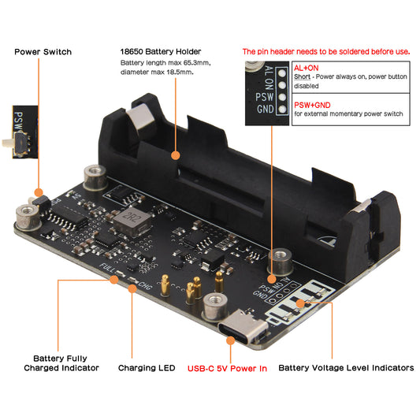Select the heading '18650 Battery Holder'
(161, 51)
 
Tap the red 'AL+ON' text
(306, 69)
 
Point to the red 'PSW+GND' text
(311, 102)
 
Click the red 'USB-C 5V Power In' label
(227, 367)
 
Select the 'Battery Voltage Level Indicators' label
(346, 367)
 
